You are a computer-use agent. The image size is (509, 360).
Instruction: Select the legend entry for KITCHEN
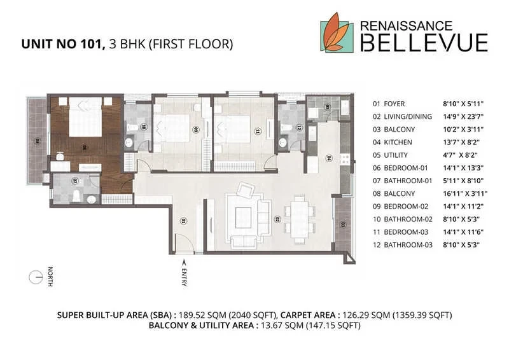pyautogui.click(x=398, y=142)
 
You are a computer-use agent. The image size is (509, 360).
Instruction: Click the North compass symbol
pyautogui.click(x=36, y=277)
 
